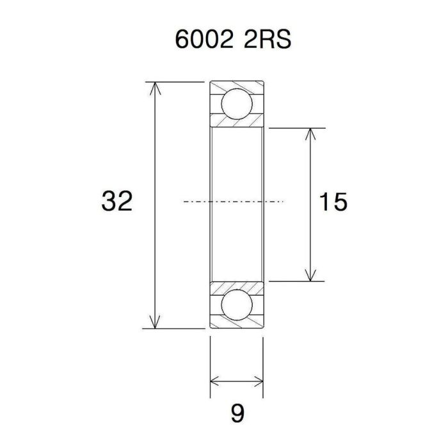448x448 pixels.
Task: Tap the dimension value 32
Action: click(117, 202)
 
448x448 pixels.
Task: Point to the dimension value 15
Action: click(333, 202)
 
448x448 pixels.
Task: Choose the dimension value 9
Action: click(237, 414)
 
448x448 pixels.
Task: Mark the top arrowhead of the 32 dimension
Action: click(154, 88)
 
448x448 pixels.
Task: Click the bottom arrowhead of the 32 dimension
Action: click(154, 322)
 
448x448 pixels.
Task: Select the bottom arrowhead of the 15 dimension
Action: click(310, 275)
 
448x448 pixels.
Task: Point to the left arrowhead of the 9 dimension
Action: click(216, 382)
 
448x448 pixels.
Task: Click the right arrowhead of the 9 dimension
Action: click(257, 382)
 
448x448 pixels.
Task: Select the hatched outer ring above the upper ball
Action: click(236, 86)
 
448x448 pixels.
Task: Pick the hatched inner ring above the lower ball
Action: click(236, 286)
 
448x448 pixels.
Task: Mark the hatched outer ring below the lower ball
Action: click(236, 323)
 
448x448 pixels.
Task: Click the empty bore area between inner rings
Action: click(236, 179)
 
